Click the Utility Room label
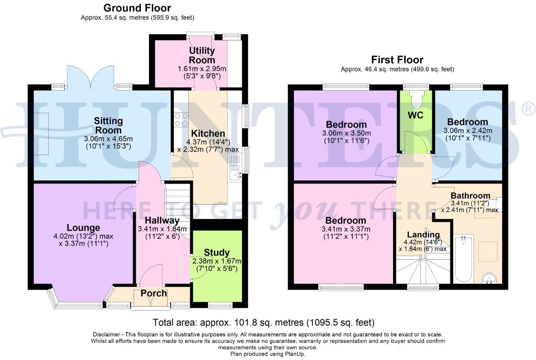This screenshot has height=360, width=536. tap(202, 55)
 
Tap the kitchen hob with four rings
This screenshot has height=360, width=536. tap(181, 120)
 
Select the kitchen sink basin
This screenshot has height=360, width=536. tap(235, 175)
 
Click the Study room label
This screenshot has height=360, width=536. tap(217, 253)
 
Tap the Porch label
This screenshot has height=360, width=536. tap(154, 293)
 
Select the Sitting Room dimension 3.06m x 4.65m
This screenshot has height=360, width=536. tap(108, 139)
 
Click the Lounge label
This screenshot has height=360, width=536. tap(83, 228)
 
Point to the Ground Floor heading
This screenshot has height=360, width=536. tap(137, 8)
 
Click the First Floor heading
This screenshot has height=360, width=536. tap(397, 60)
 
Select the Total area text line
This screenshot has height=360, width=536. tap(263, 322)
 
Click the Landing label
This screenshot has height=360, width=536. tap(423, 235)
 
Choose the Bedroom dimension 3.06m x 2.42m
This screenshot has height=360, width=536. tap(468, 131)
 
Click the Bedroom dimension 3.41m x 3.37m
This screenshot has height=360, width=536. tap(346, 229)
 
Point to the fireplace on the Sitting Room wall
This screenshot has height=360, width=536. tap(41, 134)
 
